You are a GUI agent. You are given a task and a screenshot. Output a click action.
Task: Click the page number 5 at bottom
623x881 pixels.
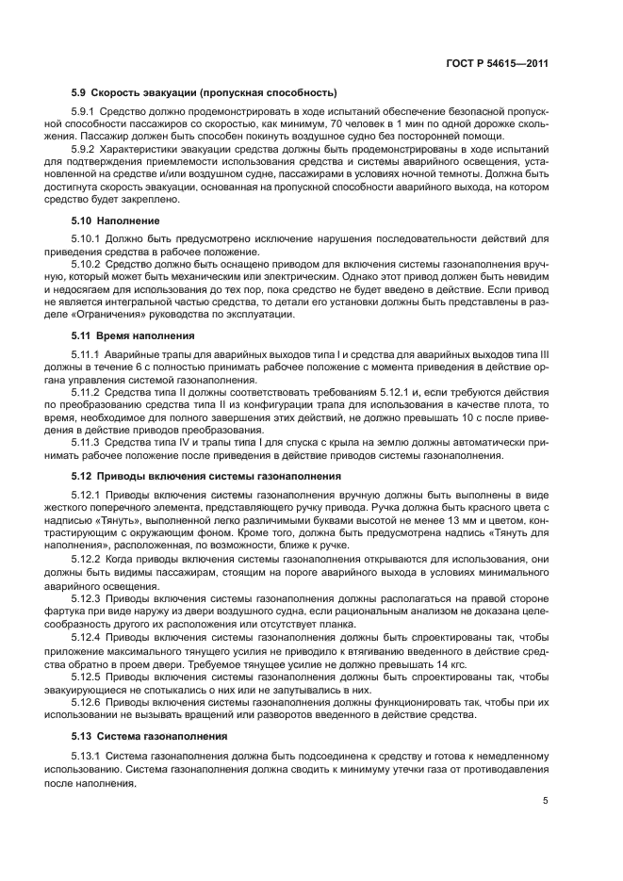click(546, 801)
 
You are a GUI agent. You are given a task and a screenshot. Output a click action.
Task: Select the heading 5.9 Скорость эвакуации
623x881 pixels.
click(204, 92)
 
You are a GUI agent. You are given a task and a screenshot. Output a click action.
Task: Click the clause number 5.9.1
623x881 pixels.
click(85, 113)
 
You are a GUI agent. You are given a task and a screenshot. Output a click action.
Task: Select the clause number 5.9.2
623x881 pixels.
click(85, 149)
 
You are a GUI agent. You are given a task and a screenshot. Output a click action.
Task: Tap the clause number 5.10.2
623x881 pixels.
click(88, 265)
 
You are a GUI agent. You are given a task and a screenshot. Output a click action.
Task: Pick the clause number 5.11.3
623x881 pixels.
click(88, 440)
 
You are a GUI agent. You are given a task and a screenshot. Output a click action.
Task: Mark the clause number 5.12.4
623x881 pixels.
click(88, 637)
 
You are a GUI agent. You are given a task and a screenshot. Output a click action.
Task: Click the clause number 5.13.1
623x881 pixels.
click(88, 757)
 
